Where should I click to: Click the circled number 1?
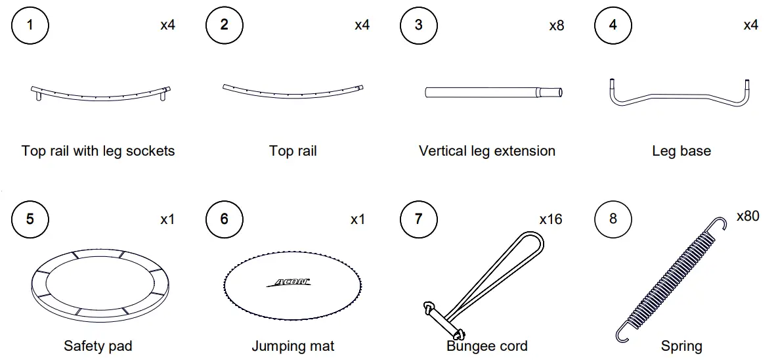(30, 25)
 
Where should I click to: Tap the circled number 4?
(613, 25)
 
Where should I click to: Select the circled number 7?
(419, 218)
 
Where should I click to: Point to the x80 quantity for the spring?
(748, 216)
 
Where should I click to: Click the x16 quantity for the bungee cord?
(551, 219)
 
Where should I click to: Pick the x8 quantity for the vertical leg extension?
(556, 26)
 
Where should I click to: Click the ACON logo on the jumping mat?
(289, 282)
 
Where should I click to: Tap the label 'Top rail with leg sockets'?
(98, 151)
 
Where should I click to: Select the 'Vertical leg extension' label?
(487, 151)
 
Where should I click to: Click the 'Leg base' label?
(681, 151)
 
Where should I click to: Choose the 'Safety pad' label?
(98, 346)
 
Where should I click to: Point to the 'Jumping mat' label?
(293, 346)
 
